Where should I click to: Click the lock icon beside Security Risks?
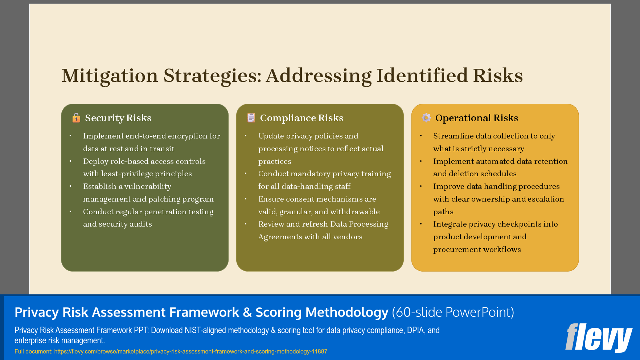76,118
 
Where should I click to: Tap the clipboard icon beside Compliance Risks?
251,117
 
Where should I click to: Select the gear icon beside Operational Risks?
426,117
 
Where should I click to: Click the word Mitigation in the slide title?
110,76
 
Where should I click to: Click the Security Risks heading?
118,118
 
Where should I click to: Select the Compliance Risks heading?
301,118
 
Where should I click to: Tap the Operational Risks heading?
476,118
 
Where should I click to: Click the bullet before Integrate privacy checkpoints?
421,224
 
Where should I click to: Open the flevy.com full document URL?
190,351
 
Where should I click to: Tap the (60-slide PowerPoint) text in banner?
453,312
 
